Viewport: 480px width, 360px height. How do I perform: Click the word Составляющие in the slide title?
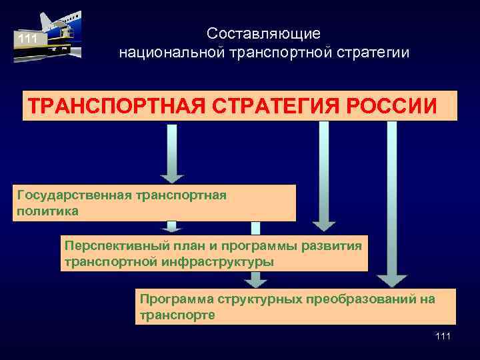(263, 33)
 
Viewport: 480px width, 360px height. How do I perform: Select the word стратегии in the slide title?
(373, 52)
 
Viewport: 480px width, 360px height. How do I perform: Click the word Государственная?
(73, 195)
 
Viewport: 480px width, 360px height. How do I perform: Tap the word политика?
(47, 211)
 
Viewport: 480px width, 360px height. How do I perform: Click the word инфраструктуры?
(217, 261)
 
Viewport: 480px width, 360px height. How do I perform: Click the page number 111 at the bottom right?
(442, 337)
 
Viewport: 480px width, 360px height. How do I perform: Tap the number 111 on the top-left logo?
(27, 39)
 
